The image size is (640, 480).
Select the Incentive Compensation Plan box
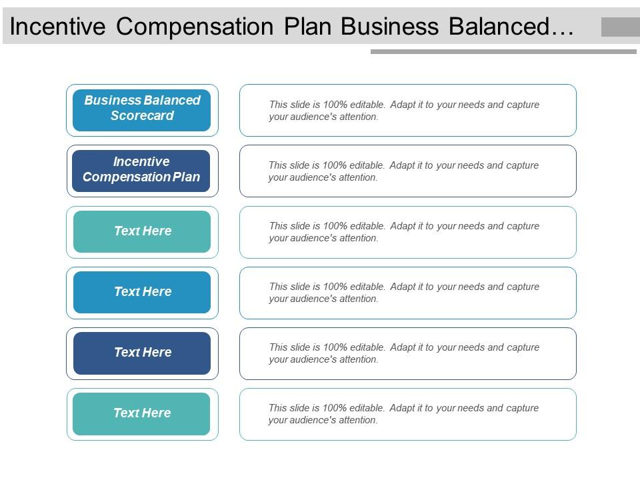[x=141, y=171]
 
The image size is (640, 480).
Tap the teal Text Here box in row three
[x=142, y=231]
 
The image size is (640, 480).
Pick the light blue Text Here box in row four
[x=142, y=292]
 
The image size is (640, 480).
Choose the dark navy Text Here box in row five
[x=142, y=353]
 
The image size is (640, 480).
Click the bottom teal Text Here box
[x=141, y=413]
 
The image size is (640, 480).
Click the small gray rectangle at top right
[x=620, y=27]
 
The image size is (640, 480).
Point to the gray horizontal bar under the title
[x=503, y=51]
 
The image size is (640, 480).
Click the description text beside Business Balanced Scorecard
[x=404, y=111]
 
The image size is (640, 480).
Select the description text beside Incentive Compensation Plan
[x=404, y=171]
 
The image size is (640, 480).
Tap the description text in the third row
[x=404, y=232]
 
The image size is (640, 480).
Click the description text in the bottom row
[x=404, y=414]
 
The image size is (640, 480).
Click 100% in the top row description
[x=335, y=105]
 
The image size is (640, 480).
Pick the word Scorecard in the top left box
[x=142, y=116]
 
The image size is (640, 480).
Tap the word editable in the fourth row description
[x=366, y=287]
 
